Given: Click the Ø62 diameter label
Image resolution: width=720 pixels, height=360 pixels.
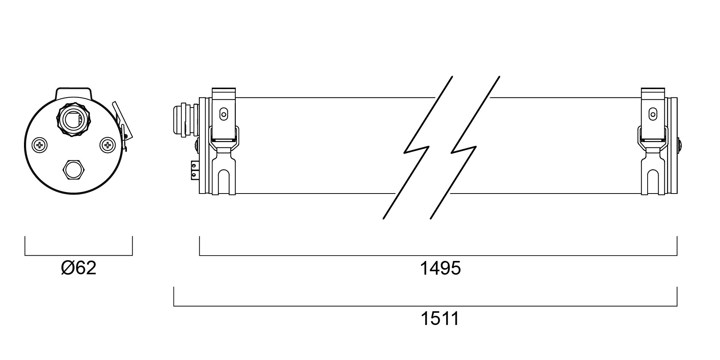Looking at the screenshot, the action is [78, 268].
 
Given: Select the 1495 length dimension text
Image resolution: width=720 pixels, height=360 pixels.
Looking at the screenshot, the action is [440, 268].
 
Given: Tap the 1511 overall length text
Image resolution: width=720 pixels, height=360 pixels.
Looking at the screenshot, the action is [440, 318].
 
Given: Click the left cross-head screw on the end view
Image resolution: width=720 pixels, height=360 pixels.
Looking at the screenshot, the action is [40, 145].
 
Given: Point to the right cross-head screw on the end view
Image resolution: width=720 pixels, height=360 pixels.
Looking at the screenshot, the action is [107, 145].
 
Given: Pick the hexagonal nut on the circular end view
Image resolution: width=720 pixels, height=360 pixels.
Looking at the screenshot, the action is [74, 170].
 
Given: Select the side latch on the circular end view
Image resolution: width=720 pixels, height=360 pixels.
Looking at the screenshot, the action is [122, 126].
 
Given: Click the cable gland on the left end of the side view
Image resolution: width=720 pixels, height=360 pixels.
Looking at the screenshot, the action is [186, 119].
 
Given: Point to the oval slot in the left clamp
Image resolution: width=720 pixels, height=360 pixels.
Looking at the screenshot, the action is [224, 114].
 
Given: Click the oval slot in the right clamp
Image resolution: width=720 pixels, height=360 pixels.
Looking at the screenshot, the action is [653, 114].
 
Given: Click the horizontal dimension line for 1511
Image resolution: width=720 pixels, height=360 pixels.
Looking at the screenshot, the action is [425, 306].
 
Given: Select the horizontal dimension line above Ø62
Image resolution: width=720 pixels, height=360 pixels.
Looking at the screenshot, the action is [78, 255].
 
